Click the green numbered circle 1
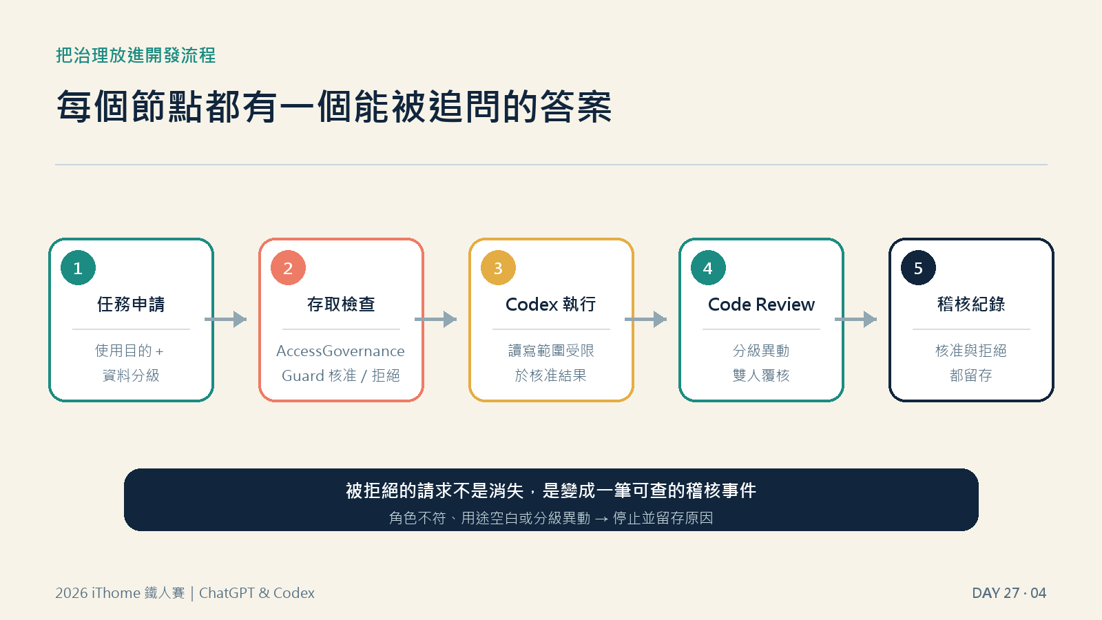pos(79,268)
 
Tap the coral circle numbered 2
pos(289,268)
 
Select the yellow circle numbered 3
pos(499,268)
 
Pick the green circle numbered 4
pos(709,268)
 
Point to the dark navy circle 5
pos(919,268)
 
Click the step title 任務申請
pos(131,304)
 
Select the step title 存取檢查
pos(341,304)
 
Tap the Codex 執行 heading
pos(551,304)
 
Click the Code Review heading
pos(761,304)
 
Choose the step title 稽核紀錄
pos(971,304)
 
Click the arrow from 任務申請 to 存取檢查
pos(225,320)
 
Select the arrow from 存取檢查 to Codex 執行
pos(435,320)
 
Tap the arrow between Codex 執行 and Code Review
pos(645,320)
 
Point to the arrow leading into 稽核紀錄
pos(855,320)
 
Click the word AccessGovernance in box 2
pos(340,351)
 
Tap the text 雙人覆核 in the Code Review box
pos(761,375)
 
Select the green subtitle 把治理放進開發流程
pos(136,55)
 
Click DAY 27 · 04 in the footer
pos(1009,593)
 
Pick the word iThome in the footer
pos(116,593)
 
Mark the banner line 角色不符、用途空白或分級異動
pos(490,517)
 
